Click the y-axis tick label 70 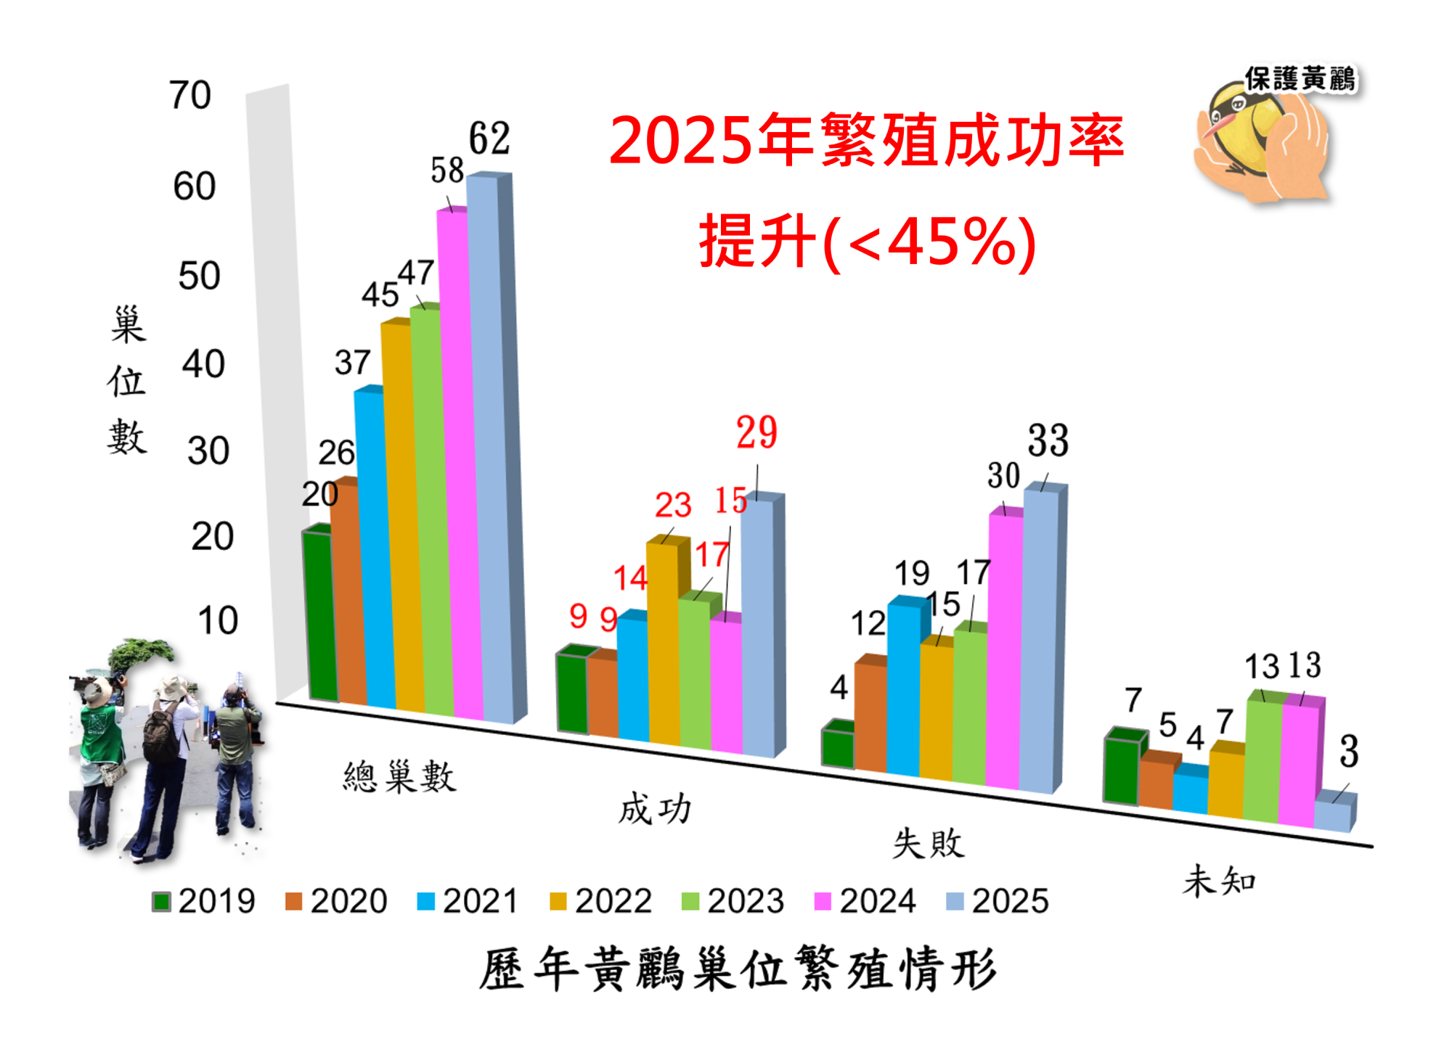(x=190, y=95)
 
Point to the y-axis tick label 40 (x=203, y=364)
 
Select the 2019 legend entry (x=204, y=901)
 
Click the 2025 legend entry (x=998, y=901)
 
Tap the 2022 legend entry (x=601, y=901)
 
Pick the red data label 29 (x=756, y=432)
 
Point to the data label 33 (x=1048, y=440)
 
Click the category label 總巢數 (x=399, y=777)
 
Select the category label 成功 (x=654, y=809)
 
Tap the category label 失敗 (x=929, y=844)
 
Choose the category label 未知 (x=1219, y=881)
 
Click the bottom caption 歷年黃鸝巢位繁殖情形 (x=737, y=969)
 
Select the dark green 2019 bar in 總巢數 (x=320, y=617)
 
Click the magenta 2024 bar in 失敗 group (x=1004, y=653)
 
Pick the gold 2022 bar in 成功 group (x=664, y=646)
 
